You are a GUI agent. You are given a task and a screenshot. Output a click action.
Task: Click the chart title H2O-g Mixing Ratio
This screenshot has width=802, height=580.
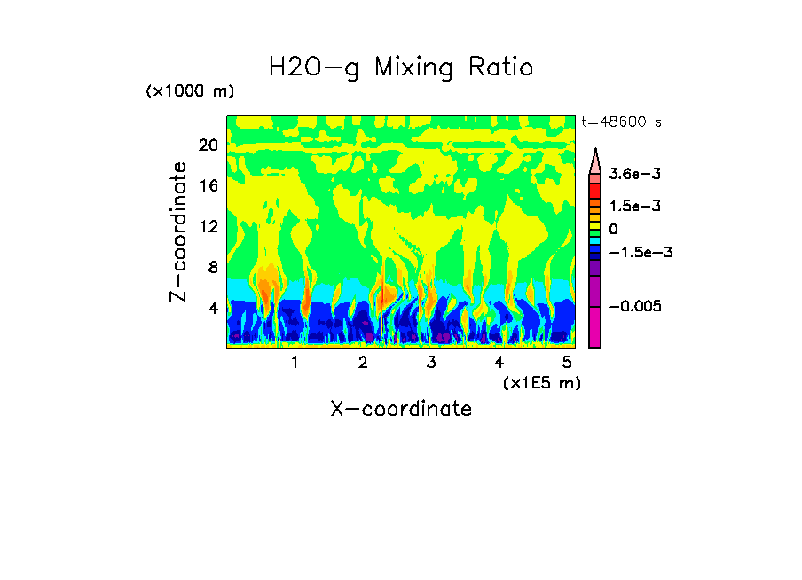[401, 67]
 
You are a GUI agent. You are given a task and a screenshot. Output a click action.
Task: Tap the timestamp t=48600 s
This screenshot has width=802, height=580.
[621, 121]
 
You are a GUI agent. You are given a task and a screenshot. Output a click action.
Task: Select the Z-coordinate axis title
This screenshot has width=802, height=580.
[180, 231]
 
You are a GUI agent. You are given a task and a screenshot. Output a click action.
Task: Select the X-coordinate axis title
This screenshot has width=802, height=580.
[401, 409]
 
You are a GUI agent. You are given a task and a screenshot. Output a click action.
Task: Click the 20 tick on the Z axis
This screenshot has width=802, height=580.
[208, 145]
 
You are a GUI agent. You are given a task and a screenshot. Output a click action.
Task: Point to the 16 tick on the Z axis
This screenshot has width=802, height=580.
[208, 185]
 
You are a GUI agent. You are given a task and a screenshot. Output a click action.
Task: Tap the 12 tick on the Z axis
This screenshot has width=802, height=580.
[208, 226]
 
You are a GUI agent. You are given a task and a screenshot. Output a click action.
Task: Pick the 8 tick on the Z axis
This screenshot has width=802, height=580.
[212, 267]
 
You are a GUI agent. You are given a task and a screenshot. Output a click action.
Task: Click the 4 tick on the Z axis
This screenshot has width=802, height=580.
[212, 308]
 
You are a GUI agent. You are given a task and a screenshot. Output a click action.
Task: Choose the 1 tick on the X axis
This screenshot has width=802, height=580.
[295, 362]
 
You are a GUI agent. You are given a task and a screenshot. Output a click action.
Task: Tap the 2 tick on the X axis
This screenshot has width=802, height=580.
[363, 362]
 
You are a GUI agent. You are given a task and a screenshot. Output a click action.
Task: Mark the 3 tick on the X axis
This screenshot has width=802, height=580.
[431, 362]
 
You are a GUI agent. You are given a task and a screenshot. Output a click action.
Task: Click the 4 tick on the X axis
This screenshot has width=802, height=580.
[499, 362]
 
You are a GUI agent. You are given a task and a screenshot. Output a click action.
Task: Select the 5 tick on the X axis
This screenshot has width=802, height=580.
[567, 362]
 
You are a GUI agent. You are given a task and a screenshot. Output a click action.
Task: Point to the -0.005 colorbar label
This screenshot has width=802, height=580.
[635, 306]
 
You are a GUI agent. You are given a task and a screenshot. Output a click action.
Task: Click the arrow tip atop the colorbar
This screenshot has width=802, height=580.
[595, 151]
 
